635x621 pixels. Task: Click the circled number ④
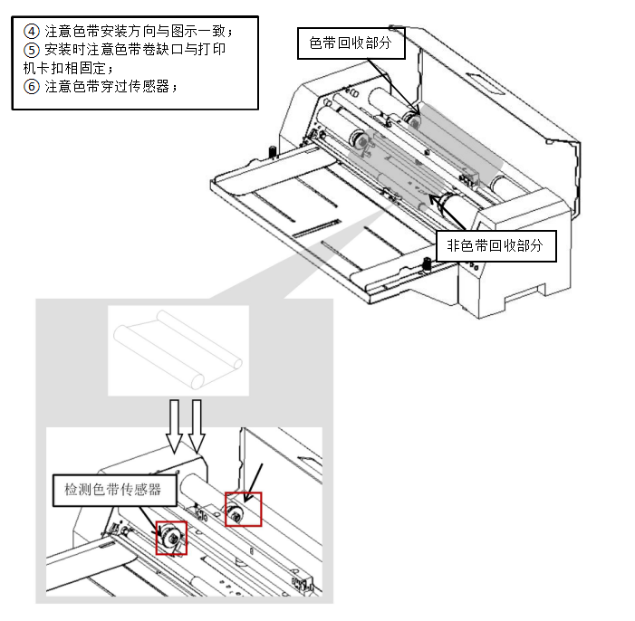point(32,29)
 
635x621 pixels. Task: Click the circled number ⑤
point(32,49)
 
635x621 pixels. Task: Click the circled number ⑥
point(32,87)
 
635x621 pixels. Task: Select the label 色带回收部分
point(350,43)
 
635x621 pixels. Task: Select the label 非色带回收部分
point(495,244)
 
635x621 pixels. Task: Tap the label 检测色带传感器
point(112,490)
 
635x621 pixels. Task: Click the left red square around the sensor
point(171,538)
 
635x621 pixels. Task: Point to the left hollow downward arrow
point(175,426)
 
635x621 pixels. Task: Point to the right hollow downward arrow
point(197,425)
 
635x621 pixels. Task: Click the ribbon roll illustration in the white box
point(178,349)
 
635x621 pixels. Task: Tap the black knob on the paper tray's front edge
point(425,265)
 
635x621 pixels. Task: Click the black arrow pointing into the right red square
point(255,480)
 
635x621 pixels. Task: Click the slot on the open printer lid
point(489,88)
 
